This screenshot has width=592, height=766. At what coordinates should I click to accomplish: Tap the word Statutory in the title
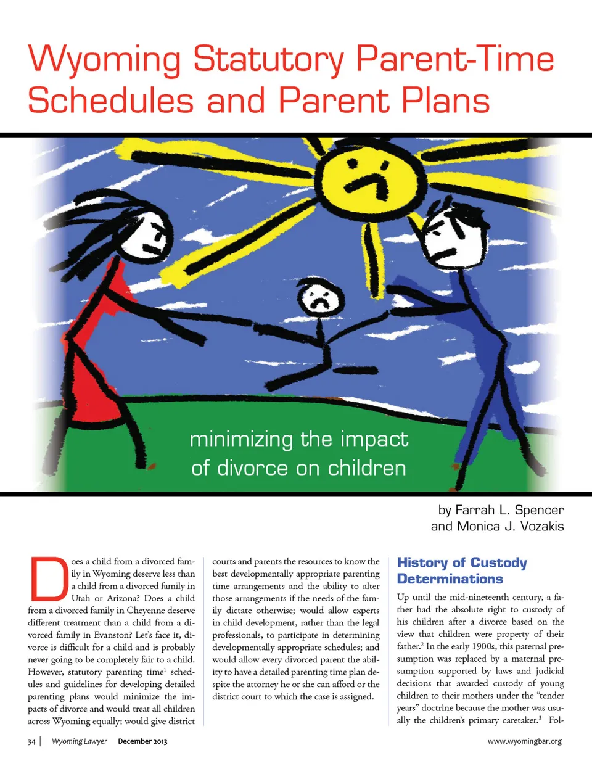click(x=268, y=60)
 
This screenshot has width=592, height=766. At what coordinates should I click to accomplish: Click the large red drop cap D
click(x=48, y=579)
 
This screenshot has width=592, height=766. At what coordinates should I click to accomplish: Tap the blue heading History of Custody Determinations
click(x=461, y=570)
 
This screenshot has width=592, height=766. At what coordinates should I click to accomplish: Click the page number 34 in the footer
click(x=31, y=741)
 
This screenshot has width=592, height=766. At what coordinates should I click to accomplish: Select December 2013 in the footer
click(x=142, y=741)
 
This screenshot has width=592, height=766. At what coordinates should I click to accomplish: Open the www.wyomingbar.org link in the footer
click(x=524, y=741)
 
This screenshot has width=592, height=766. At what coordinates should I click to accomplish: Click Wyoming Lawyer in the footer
click(x=79, y=741)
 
